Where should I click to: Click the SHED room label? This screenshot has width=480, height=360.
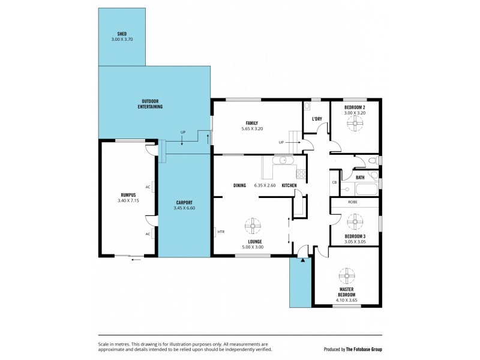tap(122, 34)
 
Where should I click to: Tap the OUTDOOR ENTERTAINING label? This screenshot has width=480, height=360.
tap(150, 104)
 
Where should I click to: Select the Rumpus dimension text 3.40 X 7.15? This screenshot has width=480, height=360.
tap(128, 201)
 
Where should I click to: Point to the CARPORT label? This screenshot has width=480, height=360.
tap(184, 203)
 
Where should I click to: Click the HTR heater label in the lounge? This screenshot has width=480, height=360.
tap(221, 232)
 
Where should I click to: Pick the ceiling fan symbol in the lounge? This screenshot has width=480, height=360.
tap(253, 226)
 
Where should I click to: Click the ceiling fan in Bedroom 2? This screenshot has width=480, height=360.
tap(355, 124)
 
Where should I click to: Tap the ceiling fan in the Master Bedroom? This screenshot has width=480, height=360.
tap(347, 276)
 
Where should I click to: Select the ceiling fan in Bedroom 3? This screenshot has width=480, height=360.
tap(355, 221)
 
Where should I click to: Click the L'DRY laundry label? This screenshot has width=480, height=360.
tap(317, 119)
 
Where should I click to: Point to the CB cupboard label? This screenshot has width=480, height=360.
tap(334, 182)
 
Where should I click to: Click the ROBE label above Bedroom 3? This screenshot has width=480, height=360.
tap(353, 202)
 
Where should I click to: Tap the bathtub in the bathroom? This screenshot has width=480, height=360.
tap(367, 189)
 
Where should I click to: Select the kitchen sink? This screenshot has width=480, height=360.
tap(283, 160)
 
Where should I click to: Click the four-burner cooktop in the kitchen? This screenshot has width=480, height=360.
tap(301, 174)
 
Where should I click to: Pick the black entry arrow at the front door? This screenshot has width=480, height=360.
tap(303, 260)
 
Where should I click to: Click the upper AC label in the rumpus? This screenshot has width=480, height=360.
tap(148, 187)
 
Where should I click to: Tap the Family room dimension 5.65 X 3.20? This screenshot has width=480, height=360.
tap(252, 129)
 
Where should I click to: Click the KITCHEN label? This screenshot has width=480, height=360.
tap(289, 185)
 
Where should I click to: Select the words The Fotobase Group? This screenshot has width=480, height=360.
tap(364, 349)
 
